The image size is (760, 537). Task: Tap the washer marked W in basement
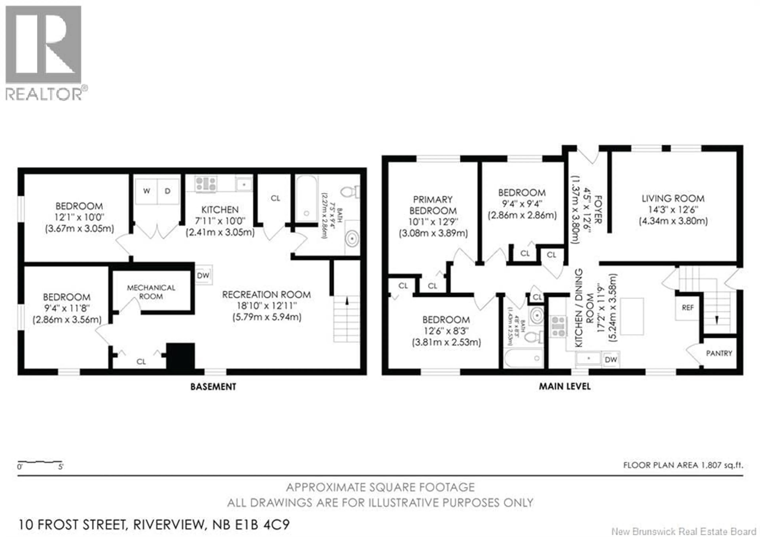(x=146, y=191)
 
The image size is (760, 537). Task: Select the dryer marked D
(x=168, y=191)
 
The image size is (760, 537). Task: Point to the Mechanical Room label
(x=151, y=292)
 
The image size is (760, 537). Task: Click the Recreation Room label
(x=266, y=295)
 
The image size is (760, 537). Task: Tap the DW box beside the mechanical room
(x=203, y=275)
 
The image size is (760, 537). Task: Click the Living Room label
(x=673, y=198)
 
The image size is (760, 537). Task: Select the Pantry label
(x=719, y=353)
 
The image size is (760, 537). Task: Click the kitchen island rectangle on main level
(x=632, y=316)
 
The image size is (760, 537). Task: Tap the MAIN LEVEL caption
(x=565, y=386)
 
